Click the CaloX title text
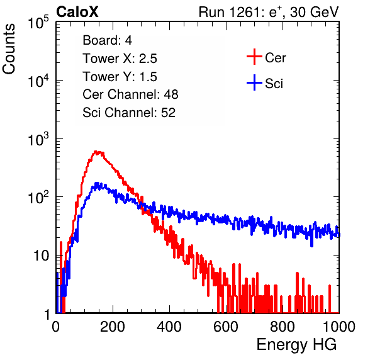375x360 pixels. point(77,12)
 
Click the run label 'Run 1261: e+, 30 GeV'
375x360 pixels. point(269,12)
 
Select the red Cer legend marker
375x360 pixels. point(254,57)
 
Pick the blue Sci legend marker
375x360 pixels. point(254,82)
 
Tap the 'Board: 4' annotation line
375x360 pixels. point(108,40)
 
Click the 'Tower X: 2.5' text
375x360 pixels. point(120,59)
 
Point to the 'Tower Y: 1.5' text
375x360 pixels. point(120,77)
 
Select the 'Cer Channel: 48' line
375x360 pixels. point(130,94)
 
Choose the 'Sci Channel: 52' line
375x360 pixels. point(129,113)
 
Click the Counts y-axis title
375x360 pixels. point(9,49)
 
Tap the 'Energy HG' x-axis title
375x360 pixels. point(296,345)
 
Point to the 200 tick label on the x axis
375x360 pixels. point(113,327)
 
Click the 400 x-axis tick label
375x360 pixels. point(169,327)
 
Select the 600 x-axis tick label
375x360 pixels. point(226,327)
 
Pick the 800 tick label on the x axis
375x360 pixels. point(283,327)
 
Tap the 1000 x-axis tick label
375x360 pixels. point(339,327)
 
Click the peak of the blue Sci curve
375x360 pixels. point(97,184)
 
